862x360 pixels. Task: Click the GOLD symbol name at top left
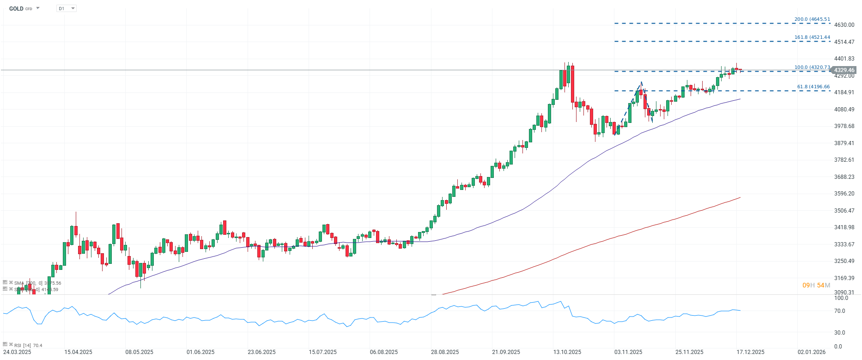coord(16,8)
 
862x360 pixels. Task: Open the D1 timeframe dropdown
coord(67,8)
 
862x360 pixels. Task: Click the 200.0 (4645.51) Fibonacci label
coord(812,19)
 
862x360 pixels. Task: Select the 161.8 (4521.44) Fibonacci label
coord(812,37)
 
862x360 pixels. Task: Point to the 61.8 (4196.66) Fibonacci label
coord(813,87)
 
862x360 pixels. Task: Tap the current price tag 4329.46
coord(844,70)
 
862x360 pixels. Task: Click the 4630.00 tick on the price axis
coord(844,25)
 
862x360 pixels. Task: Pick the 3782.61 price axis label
coord(844,160)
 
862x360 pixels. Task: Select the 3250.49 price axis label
coord(844,261)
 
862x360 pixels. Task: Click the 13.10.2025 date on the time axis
coord(567,352)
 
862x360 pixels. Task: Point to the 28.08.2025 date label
coord(445,352)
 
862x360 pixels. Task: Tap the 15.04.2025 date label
coord(78,352)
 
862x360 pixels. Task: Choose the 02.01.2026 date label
coord(812,352)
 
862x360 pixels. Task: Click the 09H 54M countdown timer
coord(816,285)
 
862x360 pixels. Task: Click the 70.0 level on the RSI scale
coord(839,311)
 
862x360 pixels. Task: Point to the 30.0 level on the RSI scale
coord(839,333)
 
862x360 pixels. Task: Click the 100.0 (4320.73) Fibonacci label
coord(812,67)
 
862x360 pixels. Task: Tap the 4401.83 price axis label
coord(844,59)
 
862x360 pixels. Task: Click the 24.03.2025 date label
coord(17,352)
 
